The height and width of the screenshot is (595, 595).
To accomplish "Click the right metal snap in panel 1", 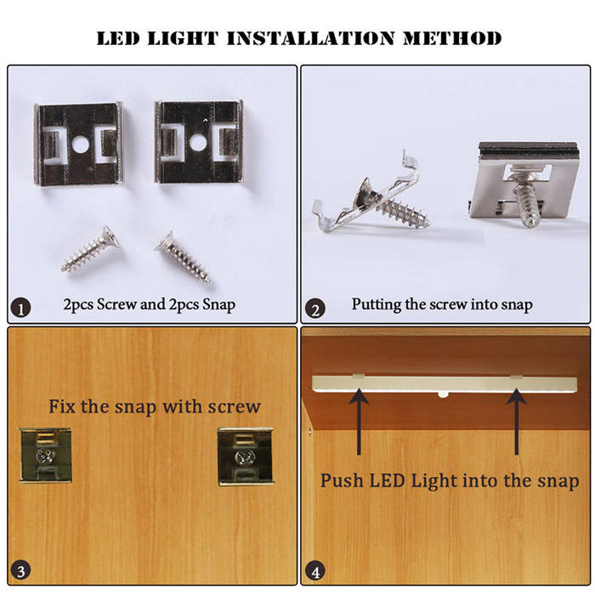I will tap(198, 142).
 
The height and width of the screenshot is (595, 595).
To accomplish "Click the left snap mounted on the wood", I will tap(44, 455).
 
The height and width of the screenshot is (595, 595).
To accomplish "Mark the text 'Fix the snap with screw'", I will tap(153, 406).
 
